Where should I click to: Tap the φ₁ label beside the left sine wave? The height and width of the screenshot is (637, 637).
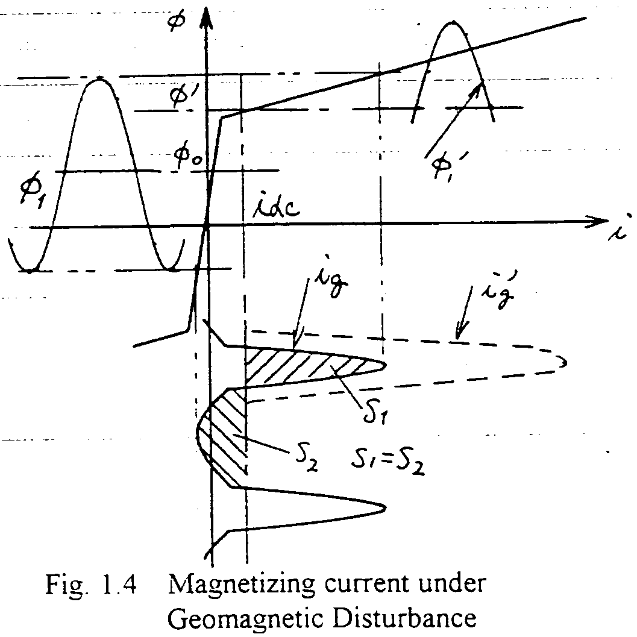click(x=29, y=194)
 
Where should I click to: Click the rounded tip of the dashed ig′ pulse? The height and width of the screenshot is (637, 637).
click(x=565, y=362)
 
